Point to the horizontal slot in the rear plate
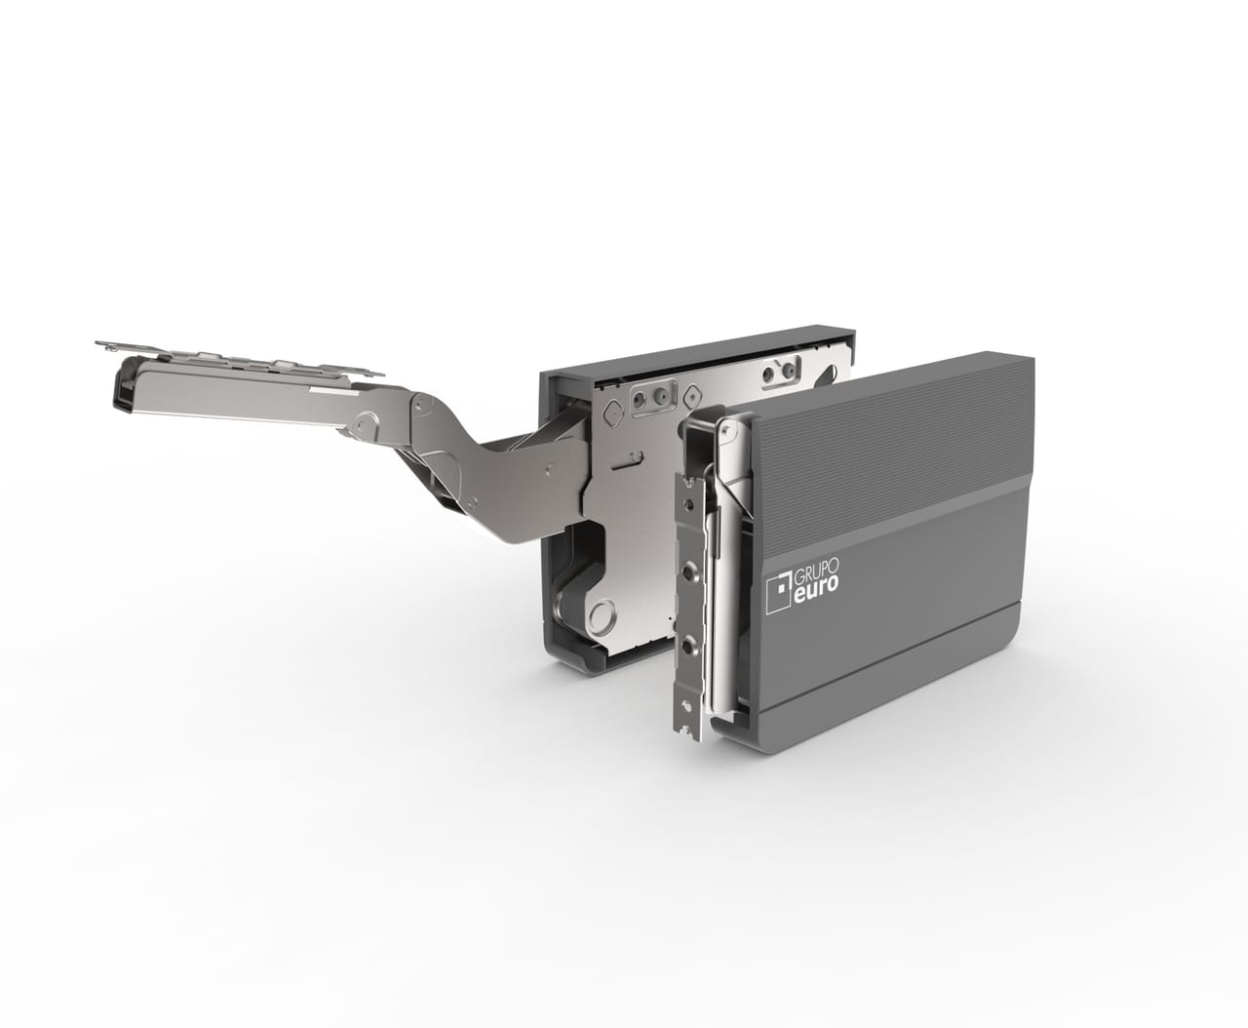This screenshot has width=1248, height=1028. tap(625, 460)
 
